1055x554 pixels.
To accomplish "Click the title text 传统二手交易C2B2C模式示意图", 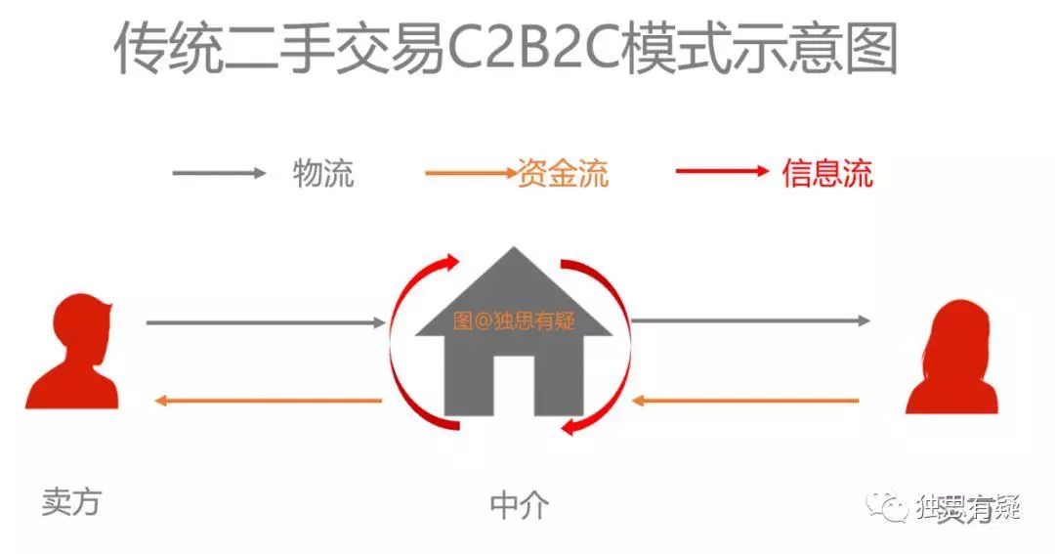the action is (x=505, y=50).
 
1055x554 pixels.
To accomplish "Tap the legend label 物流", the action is (x=322, y=174).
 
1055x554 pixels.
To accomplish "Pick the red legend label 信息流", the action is (x=826, y=174).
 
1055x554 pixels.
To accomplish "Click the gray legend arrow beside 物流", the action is (x=219, y=174).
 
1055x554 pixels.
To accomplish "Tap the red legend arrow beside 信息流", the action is (x=722, y=172).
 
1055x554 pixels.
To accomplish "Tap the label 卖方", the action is (x=70, y=502).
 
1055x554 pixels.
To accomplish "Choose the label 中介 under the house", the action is (x=519, y=506).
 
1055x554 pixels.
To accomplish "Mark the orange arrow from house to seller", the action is (x=269, y=400).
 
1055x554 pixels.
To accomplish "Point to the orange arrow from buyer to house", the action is (x=746, y=400).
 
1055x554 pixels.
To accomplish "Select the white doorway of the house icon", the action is (x=514, y=387).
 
